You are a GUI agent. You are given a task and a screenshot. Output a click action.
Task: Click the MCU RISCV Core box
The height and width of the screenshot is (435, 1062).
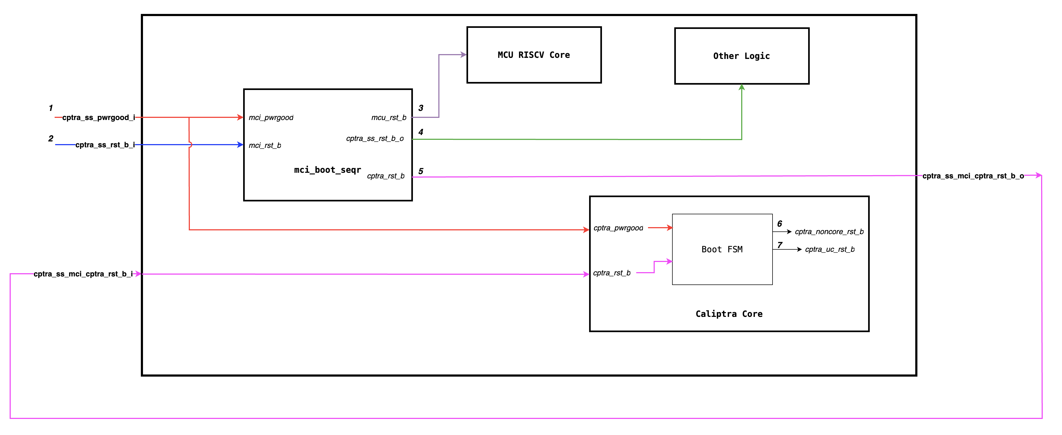(534, 55)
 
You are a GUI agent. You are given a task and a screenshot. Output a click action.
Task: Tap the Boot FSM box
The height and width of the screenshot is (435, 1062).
(722, 249)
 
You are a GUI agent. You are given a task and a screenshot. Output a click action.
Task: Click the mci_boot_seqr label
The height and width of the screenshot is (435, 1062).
(327, 170)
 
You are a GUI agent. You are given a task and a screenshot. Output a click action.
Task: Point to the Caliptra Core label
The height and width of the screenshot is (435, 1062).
(729, 314)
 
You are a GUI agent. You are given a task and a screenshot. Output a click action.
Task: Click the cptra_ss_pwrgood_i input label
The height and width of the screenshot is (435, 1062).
(99, 118)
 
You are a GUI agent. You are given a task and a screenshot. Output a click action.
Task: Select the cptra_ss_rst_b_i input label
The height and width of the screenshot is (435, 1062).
(105, 145)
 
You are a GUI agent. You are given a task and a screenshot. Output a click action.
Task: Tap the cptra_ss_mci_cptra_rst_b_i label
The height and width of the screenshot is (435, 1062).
(83, 274)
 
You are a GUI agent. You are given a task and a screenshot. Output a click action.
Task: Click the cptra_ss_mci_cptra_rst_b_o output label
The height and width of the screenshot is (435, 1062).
(973, 176)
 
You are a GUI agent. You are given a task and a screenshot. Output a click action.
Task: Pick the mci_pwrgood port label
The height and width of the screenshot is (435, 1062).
(271, 118)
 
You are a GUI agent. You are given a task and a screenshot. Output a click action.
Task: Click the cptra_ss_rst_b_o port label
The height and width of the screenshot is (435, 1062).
(375, 138)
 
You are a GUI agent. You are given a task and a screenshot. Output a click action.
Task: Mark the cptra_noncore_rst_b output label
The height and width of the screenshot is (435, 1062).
(829, 232)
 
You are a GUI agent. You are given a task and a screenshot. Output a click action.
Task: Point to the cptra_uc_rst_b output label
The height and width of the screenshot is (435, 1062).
(830, 249)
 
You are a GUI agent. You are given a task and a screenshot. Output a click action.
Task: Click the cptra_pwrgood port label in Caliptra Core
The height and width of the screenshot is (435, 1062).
(618, 228)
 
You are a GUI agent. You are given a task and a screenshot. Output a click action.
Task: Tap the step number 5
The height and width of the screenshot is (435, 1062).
(420, 171)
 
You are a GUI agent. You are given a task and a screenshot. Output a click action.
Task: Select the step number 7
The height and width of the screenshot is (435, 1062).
(779, 245)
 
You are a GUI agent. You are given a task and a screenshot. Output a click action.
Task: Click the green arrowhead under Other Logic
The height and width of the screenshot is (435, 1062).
(742, 87)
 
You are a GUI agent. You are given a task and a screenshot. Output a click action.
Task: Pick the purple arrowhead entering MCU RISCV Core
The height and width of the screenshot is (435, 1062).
(464, 54)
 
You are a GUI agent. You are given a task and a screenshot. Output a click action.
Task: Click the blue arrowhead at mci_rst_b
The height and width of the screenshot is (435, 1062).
(240, 145)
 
